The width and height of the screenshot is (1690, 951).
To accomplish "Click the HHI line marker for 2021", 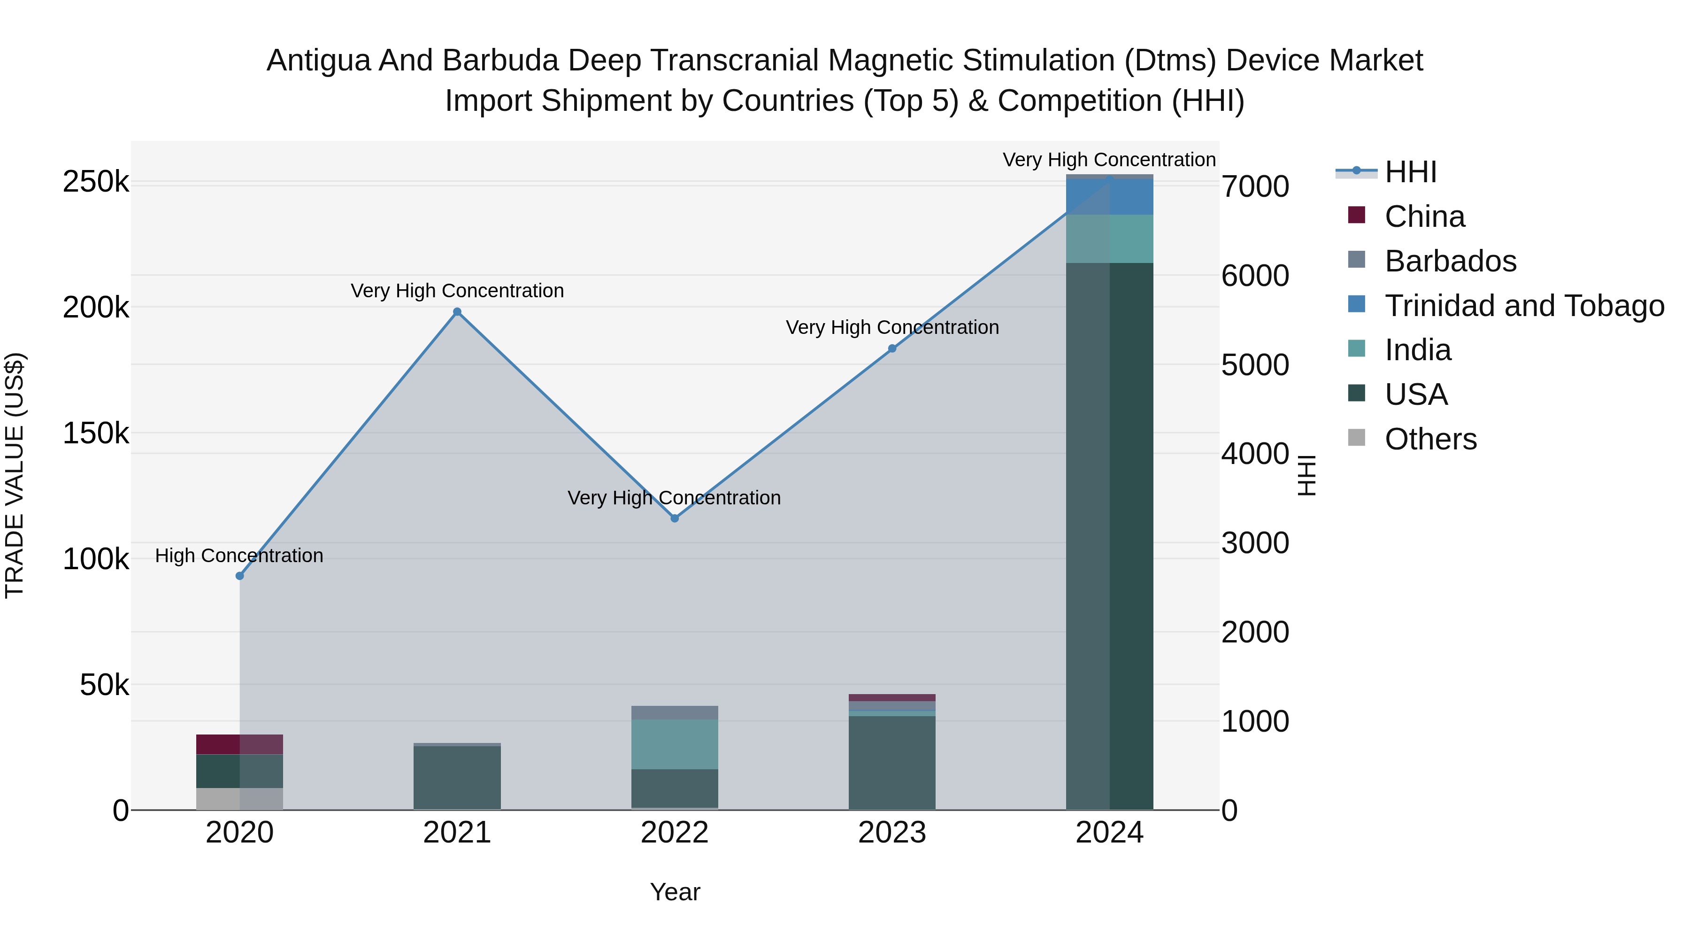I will (457, 312).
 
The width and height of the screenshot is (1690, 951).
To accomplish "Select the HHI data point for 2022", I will (675, 518).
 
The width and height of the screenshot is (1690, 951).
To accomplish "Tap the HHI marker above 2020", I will (239, 576).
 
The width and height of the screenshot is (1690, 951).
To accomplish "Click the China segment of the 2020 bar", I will (239, 744).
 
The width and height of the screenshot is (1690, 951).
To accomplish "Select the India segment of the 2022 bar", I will (675, 744).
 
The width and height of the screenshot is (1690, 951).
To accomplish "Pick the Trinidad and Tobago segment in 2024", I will (1109, 197).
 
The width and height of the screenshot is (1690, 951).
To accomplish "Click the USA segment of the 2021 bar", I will (457, 778).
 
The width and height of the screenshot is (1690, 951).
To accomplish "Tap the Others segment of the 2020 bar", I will (239, 799).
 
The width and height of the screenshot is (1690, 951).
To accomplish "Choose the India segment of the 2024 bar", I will (1109, 239).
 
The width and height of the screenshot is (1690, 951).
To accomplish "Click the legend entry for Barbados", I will (1450, 261).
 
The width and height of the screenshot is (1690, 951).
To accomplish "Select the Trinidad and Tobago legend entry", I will (1523, 306).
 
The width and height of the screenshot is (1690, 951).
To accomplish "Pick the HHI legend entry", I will (1411, 172).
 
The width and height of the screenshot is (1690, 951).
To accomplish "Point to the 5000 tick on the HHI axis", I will (1255, 365).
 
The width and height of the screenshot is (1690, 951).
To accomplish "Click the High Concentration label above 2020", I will (239, 556).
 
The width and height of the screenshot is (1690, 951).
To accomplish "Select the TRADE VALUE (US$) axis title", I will (15, 475).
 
